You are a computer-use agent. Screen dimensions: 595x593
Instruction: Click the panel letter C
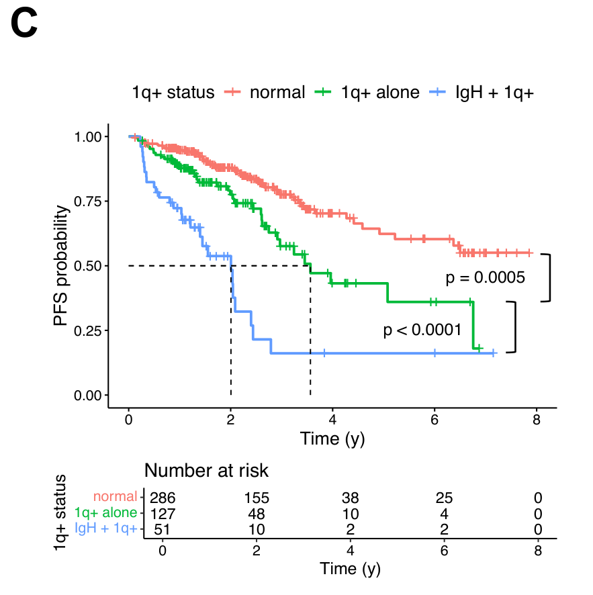[24, 25]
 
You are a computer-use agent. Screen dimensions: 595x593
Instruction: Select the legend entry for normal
[277, 92]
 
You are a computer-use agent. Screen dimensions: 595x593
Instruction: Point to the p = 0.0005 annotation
[485, 277]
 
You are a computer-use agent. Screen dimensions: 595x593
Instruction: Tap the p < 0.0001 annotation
[422, 330]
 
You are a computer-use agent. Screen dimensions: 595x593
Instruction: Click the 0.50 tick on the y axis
[88, 266]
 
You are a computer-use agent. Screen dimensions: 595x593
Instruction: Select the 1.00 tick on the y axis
[88, 137]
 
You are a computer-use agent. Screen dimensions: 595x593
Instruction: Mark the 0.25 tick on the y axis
[88, 330]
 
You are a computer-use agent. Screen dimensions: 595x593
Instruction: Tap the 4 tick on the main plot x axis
[332, 419]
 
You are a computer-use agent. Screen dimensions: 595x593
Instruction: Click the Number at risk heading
[206, 470]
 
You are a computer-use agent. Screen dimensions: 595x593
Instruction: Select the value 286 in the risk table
[162, 498]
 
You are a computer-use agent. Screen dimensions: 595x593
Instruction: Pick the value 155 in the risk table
[256, 498]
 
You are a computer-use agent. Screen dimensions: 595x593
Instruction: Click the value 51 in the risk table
[162, 529]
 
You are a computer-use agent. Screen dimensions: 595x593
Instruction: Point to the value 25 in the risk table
[444, 498]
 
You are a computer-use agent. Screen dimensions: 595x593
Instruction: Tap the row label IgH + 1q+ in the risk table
[106, 529]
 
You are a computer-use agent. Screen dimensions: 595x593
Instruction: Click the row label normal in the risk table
[115, 498]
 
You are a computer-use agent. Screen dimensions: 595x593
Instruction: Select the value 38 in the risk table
[350, 498]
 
